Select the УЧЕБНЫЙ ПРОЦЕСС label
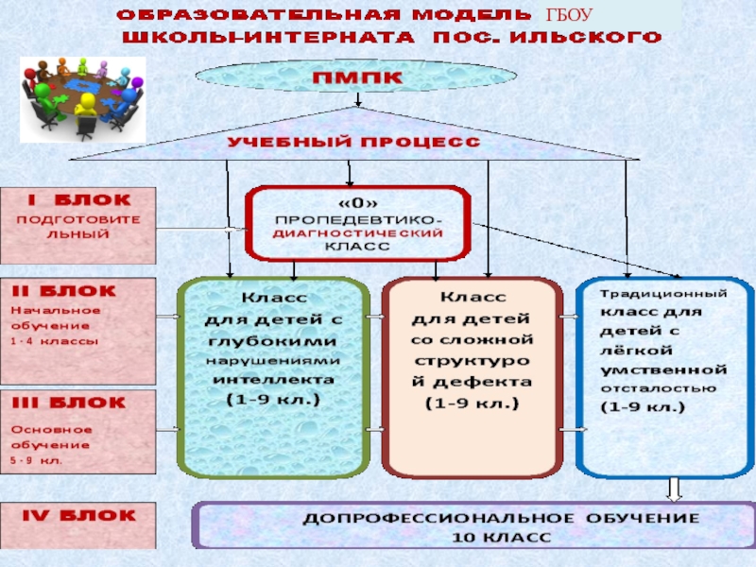click(352, 142)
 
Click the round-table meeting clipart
click(83, 96)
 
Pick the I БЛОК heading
click(77, 200)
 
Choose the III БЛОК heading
click(67, 403)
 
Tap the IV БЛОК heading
click(78, 516)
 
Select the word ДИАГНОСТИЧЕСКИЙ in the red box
click(357, 231)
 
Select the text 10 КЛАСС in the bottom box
click(500, 537)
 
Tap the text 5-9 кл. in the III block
click(37, 461)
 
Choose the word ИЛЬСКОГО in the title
click(581, 39)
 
